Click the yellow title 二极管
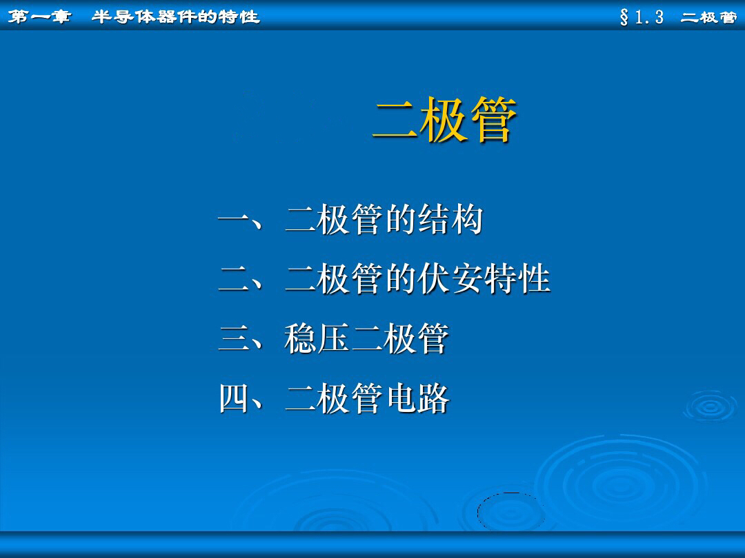pos(444,121)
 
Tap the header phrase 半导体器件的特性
pos(176,17)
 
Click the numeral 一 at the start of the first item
pos(233,221)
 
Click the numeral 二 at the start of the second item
pos(233,280)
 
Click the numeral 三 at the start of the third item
pos(233,339)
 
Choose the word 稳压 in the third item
pos(316,339)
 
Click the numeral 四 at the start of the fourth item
pos(233,398)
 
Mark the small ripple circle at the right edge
pos(709,406)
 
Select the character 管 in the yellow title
pos(493,121)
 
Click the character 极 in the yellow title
pos(444,121)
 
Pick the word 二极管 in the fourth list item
pos(332,398)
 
